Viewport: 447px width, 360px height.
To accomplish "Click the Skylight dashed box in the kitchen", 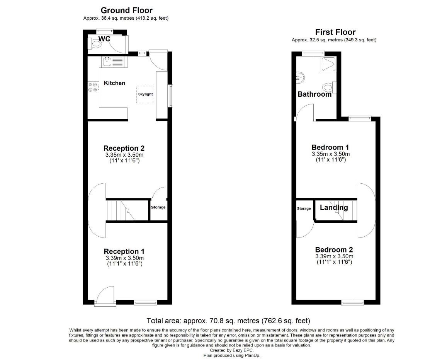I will (x=145, y=94).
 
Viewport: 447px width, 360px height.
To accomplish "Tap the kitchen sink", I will (x=107, y=61).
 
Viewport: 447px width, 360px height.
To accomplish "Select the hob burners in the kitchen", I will (x=93, y=87).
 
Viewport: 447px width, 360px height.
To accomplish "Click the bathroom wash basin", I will (x=300, y=78).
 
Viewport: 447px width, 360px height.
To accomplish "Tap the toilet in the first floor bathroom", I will (x=329, y=87).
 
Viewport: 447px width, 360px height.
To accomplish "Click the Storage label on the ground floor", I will (x=158, y=207).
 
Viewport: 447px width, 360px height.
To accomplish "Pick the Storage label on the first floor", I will (x=304, y=209).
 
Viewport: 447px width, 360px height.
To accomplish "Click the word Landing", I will (x=334, y=208).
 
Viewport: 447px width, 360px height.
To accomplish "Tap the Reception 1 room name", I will (x=124, y=251).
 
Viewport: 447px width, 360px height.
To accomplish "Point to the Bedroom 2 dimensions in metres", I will (x=334, y=256).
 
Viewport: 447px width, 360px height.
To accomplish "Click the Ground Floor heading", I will (x=126, y=10).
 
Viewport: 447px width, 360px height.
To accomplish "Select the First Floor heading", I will (x=335, y=32).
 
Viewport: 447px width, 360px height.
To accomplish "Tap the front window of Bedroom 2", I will (x=352, y=302).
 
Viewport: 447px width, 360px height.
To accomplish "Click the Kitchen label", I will (x=114, y=83).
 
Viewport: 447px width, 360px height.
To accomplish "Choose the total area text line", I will (x=228, y=321).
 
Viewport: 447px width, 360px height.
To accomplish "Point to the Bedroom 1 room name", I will (x=330, y=147).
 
